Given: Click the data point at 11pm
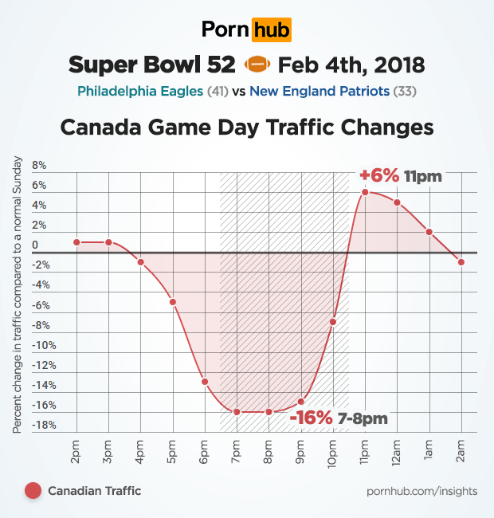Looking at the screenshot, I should (x=365, y=192).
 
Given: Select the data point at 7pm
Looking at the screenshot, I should (x=237, y=411).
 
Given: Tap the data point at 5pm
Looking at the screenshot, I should (x=172, y=302).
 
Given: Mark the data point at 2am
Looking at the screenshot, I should (x=461, y=262).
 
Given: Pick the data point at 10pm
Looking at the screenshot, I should (x=333, y=322).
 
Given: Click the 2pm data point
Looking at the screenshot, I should (x=76, y=242).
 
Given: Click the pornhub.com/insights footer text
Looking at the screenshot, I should (x=422, y=491).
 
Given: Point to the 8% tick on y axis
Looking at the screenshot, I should (x=40, y=167).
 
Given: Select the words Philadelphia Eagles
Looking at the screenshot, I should (x=140, y=91).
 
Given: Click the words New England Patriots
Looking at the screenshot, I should (x=320, y=91).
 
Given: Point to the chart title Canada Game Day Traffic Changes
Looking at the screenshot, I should (x=247, y=128).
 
